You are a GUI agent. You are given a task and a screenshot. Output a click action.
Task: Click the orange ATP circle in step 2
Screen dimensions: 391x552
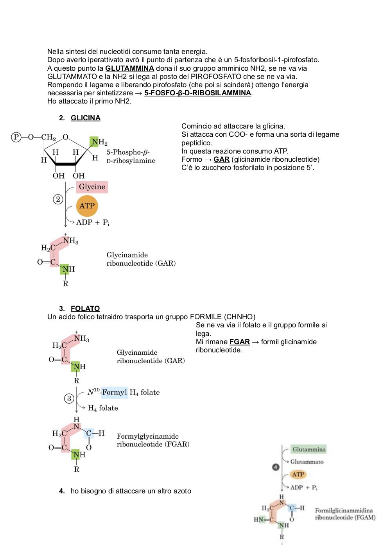87,206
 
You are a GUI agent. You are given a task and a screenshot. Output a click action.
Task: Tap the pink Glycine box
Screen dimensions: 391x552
92,187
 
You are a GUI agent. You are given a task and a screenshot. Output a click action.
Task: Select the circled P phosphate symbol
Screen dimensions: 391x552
16,137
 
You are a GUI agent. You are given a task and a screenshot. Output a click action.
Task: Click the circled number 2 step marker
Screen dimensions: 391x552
58,199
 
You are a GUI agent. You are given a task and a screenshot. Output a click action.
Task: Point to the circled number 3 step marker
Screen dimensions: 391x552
69,398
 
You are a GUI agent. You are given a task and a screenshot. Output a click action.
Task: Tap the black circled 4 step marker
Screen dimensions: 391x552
276,467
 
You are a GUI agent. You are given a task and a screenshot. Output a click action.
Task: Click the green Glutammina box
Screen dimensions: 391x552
308,449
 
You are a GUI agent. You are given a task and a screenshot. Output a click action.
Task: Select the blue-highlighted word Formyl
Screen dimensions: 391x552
115,392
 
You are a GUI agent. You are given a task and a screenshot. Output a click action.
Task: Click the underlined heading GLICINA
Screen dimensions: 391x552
86,118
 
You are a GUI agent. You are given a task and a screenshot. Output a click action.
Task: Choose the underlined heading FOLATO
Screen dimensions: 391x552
85,309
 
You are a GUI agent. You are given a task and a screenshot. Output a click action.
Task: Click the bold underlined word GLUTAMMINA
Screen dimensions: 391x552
129,68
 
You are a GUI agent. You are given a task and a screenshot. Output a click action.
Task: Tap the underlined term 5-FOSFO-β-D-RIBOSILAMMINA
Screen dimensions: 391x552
197,93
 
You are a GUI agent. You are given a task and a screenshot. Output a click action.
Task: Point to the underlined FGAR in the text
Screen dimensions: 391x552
240,342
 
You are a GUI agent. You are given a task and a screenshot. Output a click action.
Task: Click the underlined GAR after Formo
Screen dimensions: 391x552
222,159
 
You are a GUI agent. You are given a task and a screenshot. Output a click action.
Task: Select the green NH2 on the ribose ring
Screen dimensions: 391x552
99,142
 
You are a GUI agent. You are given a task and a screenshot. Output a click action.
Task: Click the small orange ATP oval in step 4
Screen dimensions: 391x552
298,474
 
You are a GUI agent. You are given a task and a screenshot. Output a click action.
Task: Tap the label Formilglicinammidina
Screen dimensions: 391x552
344,510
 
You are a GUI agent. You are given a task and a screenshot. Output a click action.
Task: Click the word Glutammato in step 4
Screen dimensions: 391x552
307,461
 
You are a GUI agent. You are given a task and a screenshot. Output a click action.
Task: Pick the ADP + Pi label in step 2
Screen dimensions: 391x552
93,223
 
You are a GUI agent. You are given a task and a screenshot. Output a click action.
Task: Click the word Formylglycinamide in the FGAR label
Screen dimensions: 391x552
147,436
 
